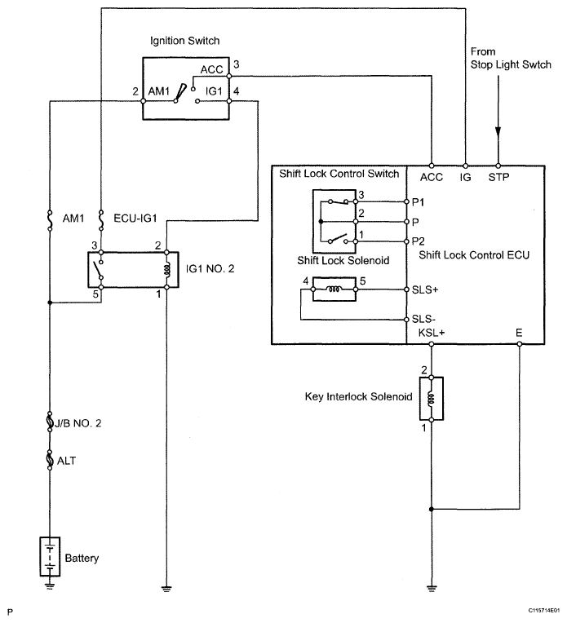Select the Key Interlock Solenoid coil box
point(432,399)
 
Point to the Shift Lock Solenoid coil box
point(334,289)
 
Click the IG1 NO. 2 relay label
point(211,267)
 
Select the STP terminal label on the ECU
point(498,175)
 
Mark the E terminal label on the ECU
point(520,333)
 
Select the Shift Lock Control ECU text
point(474,255)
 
